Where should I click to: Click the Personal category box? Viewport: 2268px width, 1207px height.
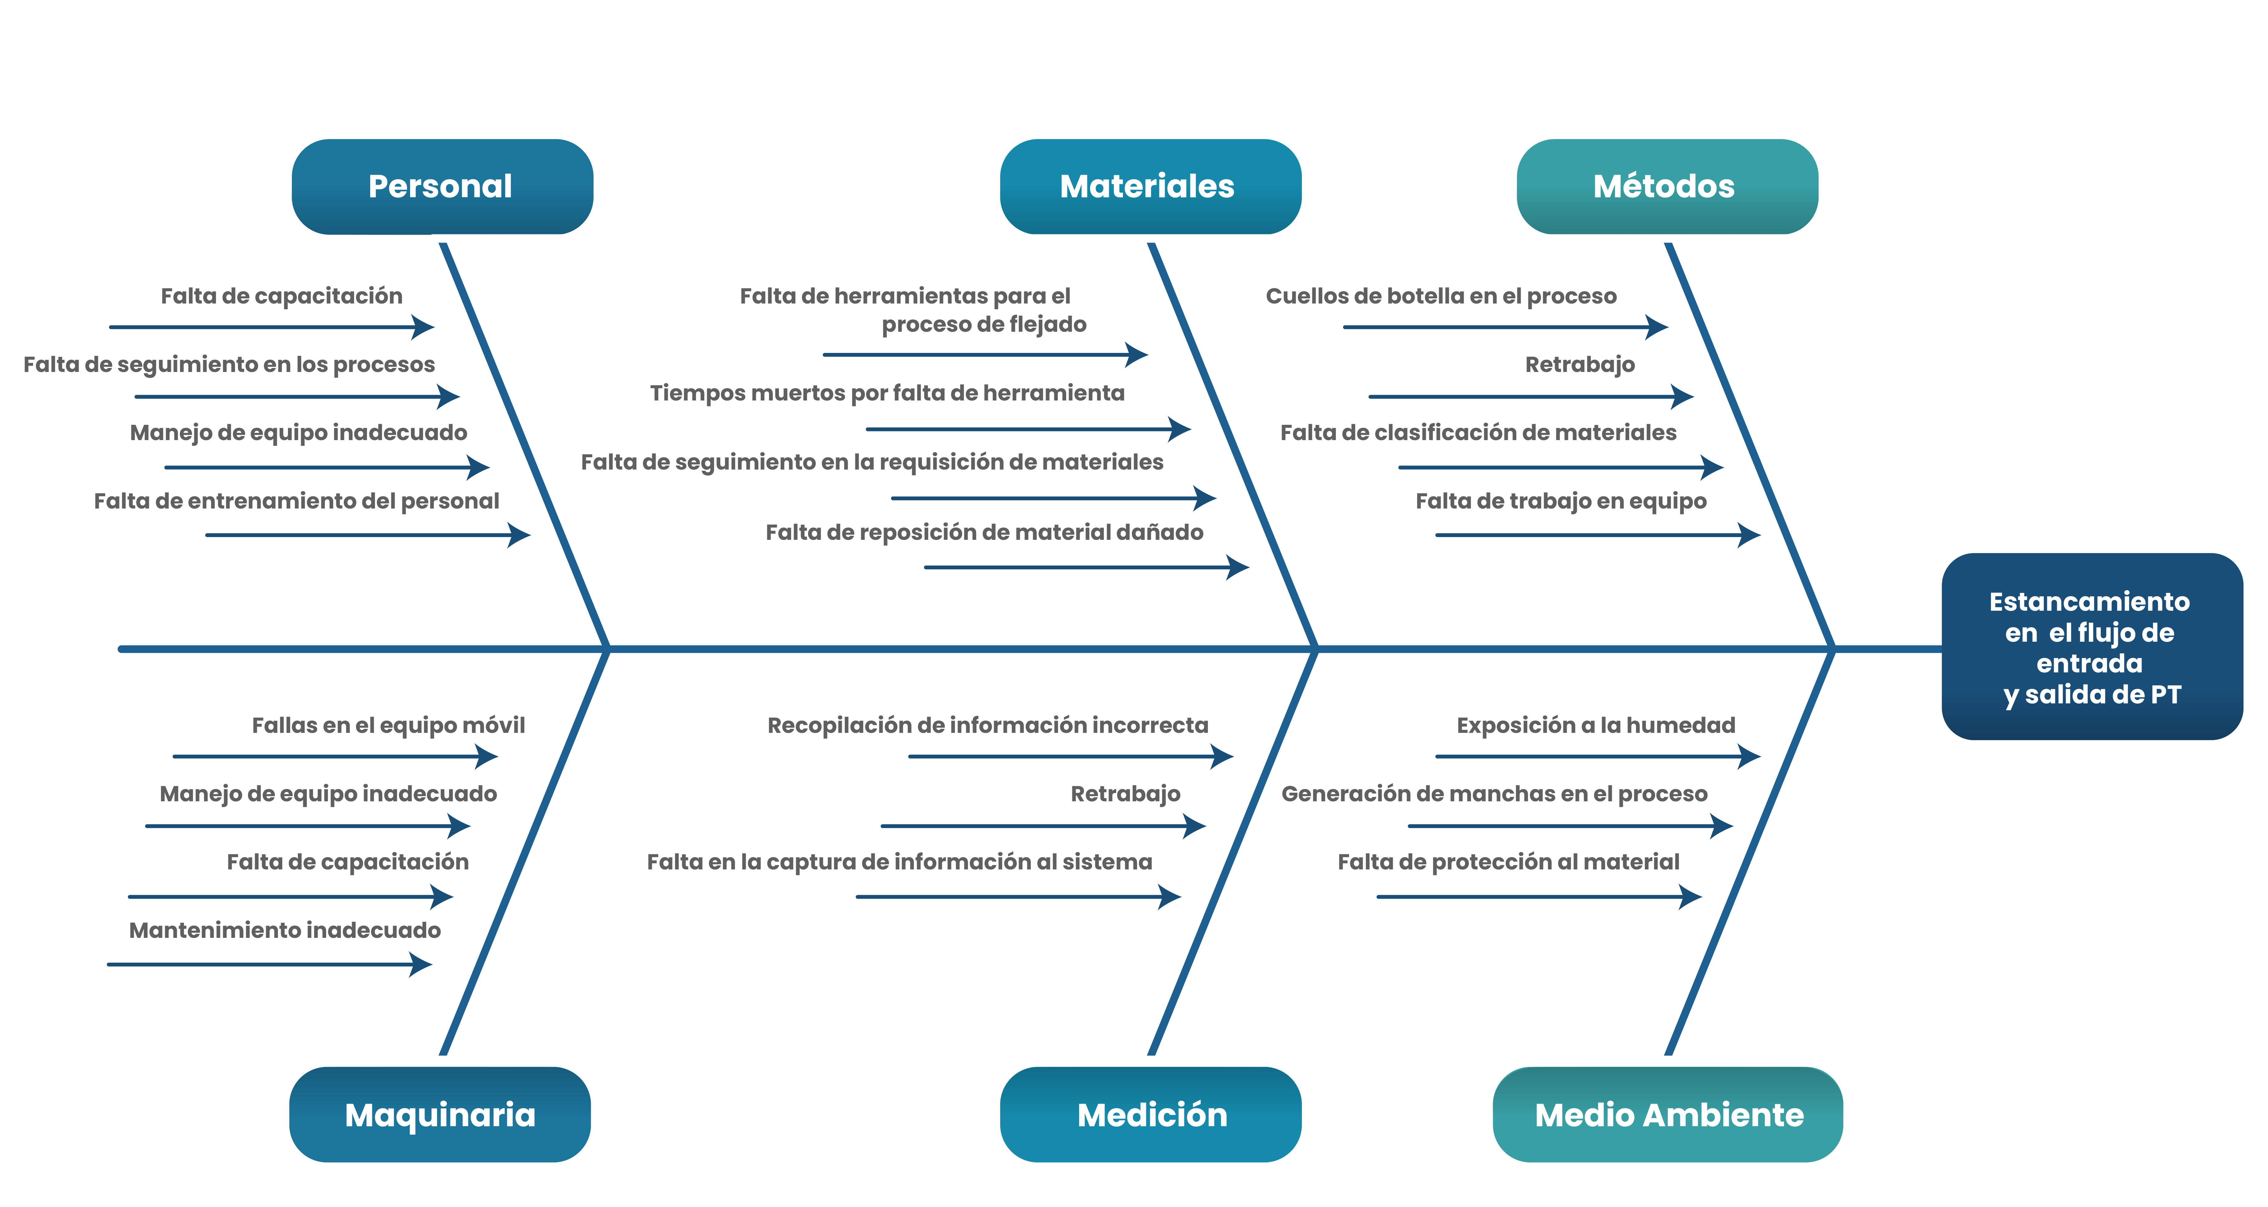pyautogui.click(x=441, y=187)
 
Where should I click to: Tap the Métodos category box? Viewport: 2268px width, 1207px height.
pyautogui.click(x=1666, y=187)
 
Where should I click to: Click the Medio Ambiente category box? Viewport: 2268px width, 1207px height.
pyautogui.click(x=1667, y=1115)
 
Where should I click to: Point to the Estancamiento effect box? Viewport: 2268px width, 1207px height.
pyautogui.click(x=2091, y=647)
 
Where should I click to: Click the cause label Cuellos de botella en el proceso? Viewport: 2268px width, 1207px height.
pyautogui.click(x=1440, y=296)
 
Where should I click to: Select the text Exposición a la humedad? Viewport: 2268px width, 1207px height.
pyautogui.click(x=1595, y=725)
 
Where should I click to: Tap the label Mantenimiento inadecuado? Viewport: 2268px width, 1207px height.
pyautogui.click(x=284, y=930)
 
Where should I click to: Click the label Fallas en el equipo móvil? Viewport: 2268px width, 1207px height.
pyautogui.click(x=388, y=725)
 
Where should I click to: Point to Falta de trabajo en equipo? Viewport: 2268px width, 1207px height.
pyautogui.click(x=1560, y=501)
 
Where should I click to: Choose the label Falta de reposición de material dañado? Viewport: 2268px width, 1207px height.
pyautogui.click(x=983, y=533)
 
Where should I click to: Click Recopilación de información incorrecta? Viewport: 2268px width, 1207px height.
pyautogui.click(x=987, y=725)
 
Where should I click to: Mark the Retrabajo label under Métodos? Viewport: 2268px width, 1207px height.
pyautogui.click(x=1580, y=365)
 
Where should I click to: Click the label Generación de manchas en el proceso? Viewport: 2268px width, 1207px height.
pyautogui.click(x=1494, y=794)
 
